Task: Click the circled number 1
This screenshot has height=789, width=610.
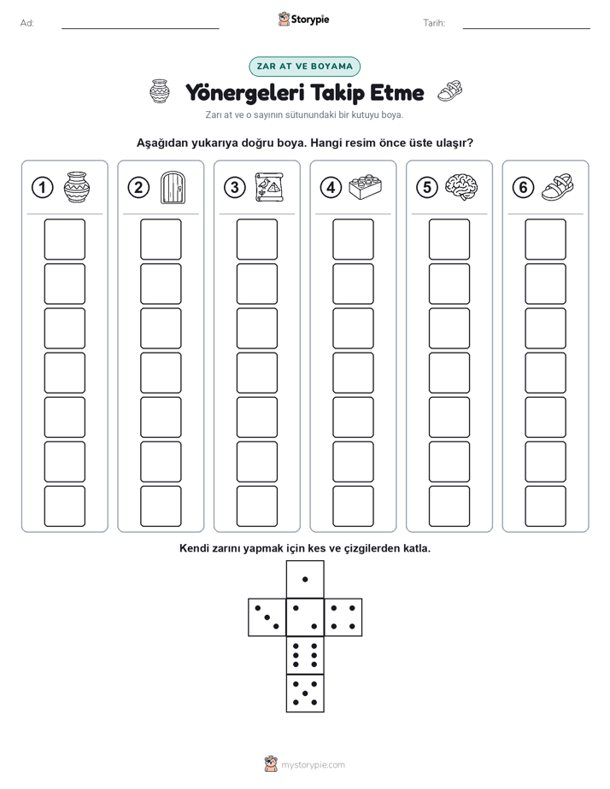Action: (x=42, y=188)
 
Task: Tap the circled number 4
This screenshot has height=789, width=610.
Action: (x=331, y=188)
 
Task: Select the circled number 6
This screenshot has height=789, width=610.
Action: (x=523, y=188)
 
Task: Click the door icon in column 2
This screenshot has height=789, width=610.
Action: (x=173, y=188)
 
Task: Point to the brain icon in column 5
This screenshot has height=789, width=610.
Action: (x=461, y=187)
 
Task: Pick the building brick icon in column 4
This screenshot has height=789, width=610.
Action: (x=365, y=187)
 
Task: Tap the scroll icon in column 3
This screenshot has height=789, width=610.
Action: (x=269, y=187)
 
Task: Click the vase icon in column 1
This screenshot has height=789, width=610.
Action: (x=77, y=187)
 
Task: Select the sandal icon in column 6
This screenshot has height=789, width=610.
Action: (x=557, y=187)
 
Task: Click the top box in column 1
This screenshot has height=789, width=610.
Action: (x=64, y=239)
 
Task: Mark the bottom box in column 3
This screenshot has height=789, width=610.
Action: (x=256, y=506)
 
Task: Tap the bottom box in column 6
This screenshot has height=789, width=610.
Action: (x=545, y=506)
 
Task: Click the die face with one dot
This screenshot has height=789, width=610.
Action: (x=305, y=579)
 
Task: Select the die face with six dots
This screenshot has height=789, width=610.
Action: (x=305, y=655)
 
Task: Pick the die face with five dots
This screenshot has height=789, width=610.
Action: (x=305, y=693)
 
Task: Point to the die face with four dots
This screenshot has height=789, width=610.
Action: (x=343, y=617)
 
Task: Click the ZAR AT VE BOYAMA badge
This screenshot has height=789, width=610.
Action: (x=304, y=67)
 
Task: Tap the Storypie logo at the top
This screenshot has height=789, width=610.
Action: (x=303, y=20)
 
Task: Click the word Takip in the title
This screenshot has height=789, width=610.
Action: (x=337, y=93)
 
